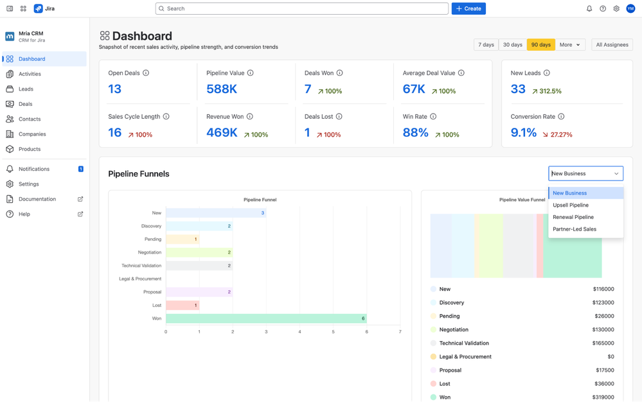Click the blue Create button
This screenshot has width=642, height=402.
(468, 8)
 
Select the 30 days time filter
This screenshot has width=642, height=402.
(512, 45)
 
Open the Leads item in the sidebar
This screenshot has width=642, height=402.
(26, 89)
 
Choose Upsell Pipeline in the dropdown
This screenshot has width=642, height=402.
(571, 205)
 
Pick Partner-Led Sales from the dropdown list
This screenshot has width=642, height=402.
(575, 229)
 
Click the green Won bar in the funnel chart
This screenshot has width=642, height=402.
(266, 319)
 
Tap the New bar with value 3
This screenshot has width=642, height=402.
(216, 213)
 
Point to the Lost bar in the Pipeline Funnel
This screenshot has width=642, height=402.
(183, 305)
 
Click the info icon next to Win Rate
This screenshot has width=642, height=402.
(433, 117)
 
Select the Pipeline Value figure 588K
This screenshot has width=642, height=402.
(222, 89)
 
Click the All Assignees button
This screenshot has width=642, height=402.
(612, 45)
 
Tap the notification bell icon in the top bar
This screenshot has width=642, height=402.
(589, 8)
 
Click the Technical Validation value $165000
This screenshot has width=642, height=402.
(603, 343)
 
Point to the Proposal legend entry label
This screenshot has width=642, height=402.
(450, 370)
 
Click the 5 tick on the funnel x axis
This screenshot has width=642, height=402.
(333, 332)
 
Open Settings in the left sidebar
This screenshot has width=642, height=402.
(28, 184)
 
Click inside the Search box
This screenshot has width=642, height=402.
(302, 8)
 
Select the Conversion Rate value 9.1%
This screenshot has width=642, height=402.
(523, 133)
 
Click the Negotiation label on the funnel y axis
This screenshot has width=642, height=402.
(149, 252)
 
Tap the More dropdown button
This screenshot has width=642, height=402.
(570, 45)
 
